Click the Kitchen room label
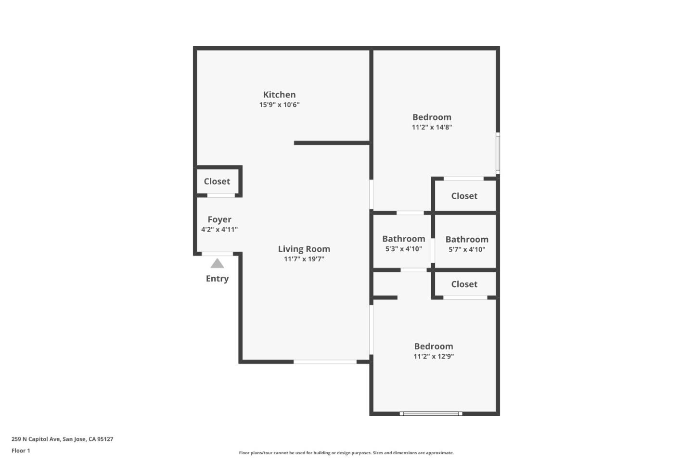click(279, 95)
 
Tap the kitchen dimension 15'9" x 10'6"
click(279, 105)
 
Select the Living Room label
click(304, 249)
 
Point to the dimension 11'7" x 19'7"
click(304, 259)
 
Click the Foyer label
click(219, 219)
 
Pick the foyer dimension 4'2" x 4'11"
click(219, 230)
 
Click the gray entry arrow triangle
click(217, 264)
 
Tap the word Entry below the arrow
click(217, 279)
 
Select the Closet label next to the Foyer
click(217, 181)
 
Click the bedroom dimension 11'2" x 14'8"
click(432, 128)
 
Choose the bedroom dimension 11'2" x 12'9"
click(434, 357)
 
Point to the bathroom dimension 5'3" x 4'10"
click(403, 249)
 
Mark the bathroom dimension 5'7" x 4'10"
click(467, 249)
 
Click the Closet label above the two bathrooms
click(464, 196)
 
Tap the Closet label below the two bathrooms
click(464, 284)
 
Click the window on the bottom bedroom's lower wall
click(431, 413)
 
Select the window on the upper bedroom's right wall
click(498, 153)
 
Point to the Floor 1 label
click(21, 451)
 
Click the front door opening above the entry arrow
click(217, 254)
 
